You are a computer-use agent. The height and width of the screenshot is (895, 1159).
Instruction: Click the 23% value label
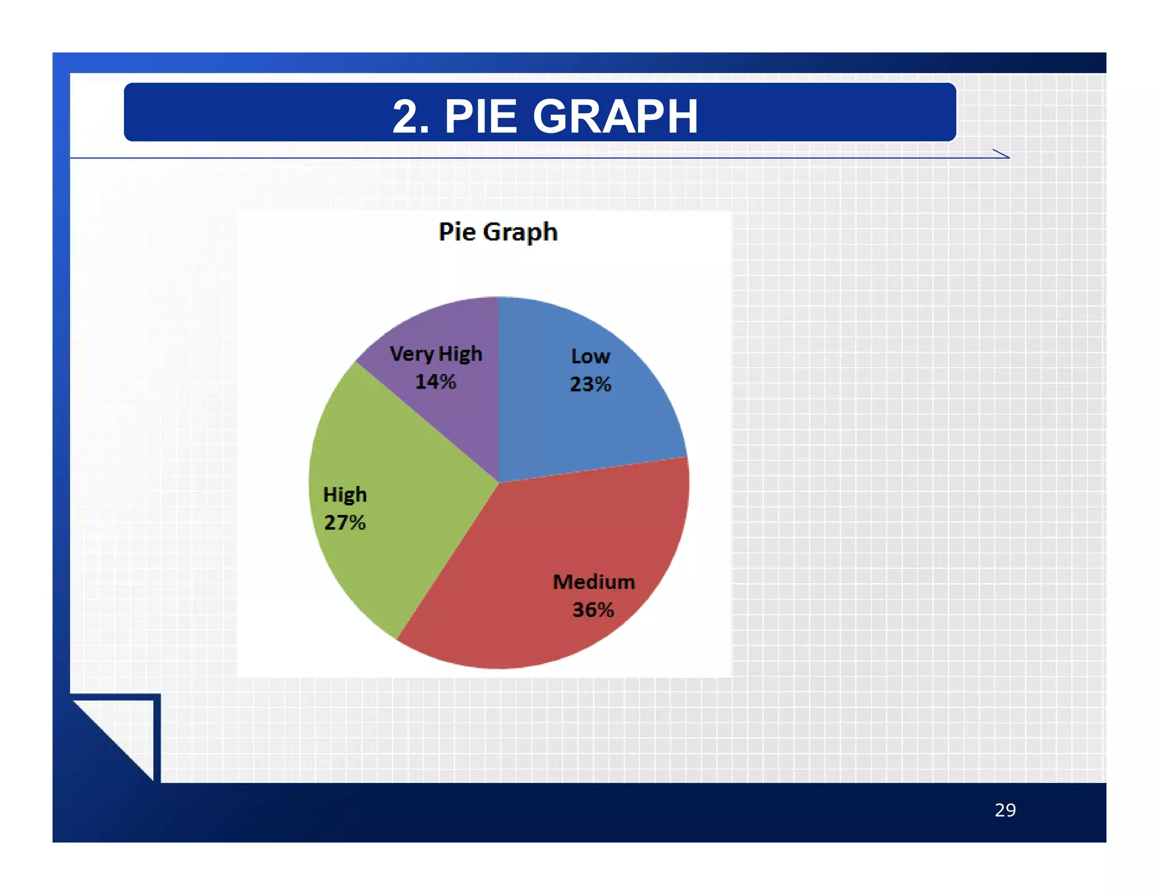point(590,384)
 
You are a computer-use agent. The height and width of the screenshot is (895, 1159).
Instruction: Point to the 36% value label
point(593,610)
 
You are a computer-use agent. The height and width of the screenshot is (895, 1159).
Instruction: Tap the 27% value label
point(345,522)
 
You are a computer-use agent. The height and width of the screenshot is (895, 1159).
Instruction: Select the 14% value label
point(435,382)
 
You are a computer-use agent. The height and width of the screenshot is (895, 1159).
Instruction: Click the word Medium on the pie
point(594,582)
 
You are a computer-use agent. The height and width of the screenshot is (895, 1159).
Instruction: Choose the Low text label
point(590,356)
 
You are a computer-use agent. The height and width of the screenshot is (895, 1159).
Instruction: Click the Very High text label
point(436,354)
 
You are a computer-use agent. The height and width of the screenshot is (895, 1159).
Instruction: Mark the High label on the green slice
point(345,495)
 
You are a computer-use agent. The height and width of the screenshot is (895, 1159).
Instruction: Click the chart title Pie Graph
point(498,232)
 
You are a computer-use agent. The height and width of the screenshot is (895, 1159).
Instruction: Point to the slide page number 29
point(1005,810)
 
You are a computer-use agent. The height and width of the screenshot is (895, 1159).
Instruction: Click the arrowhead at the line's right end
point(1002,154)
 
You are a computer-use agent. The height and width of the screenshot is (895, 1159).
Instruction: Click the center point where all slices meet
point(499,483)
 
